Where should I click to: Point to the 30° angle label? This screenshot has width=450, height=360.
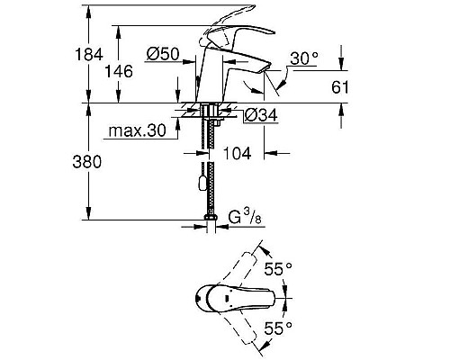click(304, 58)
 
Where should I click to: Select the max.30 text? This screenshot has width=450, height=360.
click(137, 133)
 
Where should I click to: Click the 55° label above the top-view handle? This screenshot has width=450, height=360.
click(278, 268)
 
